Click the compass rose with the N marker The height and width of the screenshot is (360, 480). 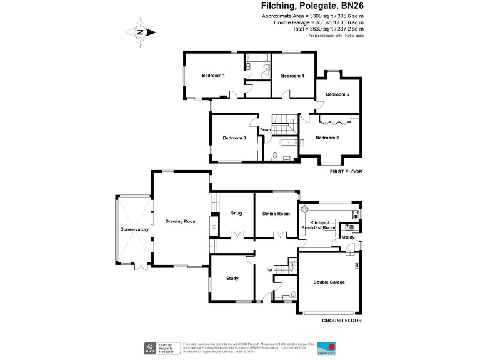(x=141, y=32)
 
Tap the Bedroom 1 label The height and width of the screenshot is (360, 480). (x=213, y=76)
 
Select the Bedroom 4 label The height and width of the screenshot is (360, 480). (x=292, y=76)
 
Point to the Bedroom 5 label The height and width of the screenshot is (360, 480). (x=337, y=94)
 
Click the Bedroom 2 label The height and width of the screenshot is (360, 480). (x=327, y=137)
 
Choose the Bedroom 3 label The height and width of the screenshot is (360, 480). (x=234, y=138)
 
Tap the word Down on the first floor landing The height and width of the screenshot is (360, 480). (x=266, y=130)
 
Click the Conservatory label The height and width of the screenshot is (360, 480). (x=134, y=229)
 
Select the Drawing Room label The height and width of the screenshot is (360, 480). (x=181, y=221)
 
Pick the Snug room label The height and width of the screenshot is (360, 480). (x=236, y=214)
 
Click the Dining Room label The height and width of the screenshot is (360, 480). (x=276, y=214)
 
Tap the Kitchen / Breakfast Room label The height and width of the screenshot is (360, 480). (x=319, y=226)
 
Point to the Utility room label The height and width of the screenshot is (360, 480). (x=348, y=237)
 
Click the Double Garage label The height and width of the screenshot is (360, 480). (x=329, y=282)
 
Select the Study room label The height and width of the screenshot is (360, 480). (x=232, y=279)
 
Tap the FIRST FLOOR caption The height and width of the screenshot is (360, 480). (x=346, y=171)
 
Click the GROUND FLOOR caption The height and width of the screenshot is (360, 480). (x=342, y=321)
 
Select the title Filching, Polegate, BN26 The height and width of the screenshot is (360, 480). (x=312, y=6)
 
